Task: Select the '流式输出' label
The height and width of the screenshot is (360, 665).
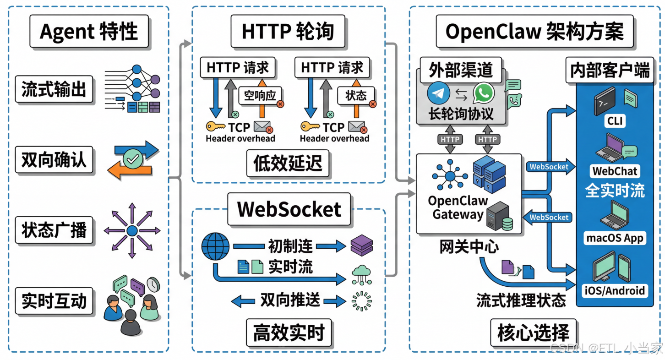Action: (x=54, y=89)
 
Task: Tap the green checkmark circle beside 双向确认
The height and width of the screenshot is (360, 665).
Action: (x=132, y=159)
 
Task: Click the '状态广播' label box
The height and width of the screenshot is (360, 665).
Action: (x=54, y=230)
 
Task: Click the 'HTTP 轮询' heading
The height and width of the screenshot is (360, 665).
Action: (x=288, y=32)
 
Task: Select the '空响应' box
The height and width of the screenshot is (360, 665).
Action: (x=260, y=95)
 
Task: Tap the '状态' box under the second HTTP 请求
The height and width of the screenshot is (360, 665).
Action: (x=356, y=95)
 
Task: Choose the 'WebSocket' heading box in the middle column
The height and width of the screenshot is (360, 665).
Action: (x=289, y=209)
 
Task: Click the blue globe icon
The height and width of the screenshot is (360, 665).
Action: (x=215, y=247)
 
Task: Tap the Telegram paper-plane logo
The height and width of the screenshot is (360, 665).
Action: (x=438, y=93)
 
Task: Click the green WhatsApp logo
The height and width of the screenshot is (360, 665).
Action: (x=484, y=93)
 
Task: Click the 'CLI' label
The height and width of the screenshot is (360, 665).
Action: (x=615, y=121)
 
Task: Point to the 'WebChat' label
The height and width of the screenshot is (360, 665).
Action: (x=615, y=171)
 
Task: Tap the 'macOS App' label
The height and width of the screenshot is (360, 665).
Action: (x=615, y=238)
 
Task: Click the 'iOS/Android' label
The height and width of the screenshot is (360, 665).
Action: (x=615, y=290)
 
